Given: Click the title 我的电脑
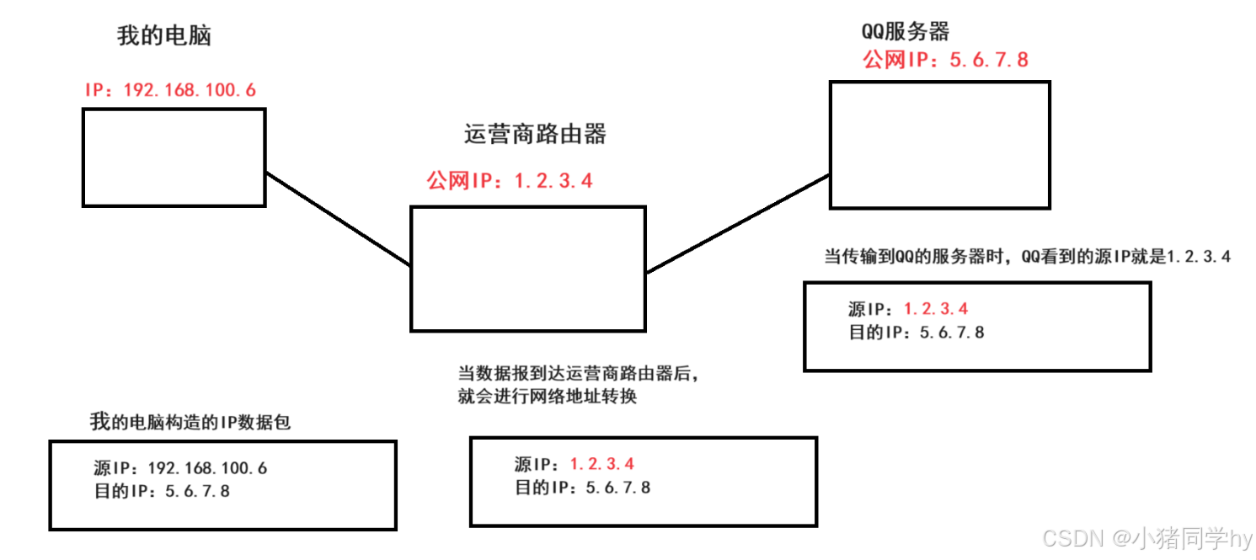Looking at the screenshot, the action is [163, 35].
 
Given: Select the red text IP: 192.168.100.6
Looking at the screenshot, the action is [170, 90].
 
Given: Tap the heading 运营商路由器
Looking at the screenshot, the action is [535, 134].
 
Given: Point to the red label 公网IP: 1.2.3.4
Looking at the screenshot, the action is [509, 180].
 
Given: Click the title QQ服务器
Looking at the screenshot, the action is [905, 31].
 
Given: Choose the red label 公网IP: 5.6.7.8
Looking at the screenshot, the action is [945, 60].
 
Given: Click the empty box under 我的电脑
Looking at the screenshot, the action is [174, 109].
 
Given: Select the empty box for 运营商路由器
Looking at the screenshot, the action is [528, 208].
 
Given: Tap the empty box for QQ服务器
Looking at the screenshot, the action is [940, 83].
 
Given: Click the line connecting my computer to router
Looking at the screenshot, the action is [338, 218].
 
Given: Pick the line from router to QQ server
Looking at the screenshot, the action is [738, 224].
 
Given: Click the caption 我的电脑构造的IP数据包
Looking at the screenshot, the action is [190, 422].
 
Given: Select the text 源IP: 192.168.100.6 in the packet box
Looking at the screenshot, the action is [180, 467].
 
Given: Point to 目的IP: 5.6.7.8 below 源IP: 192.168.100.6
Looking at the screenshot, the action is [162, 491].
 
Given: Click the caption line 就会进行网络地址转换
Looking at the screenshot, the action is [548, 397].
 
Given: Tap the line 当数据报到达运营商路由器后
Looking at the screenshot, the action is [578, 373].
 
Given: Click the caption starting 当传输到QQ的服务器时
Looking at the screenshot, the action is [1027, 257].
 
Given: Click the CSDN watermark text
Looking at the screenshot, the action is [1147, 538].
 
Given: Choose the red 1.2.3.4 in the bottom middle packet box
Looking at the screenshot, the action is [601, 464].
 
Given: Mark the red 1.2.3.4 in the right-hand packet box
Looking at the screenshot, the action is [936, 308].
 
